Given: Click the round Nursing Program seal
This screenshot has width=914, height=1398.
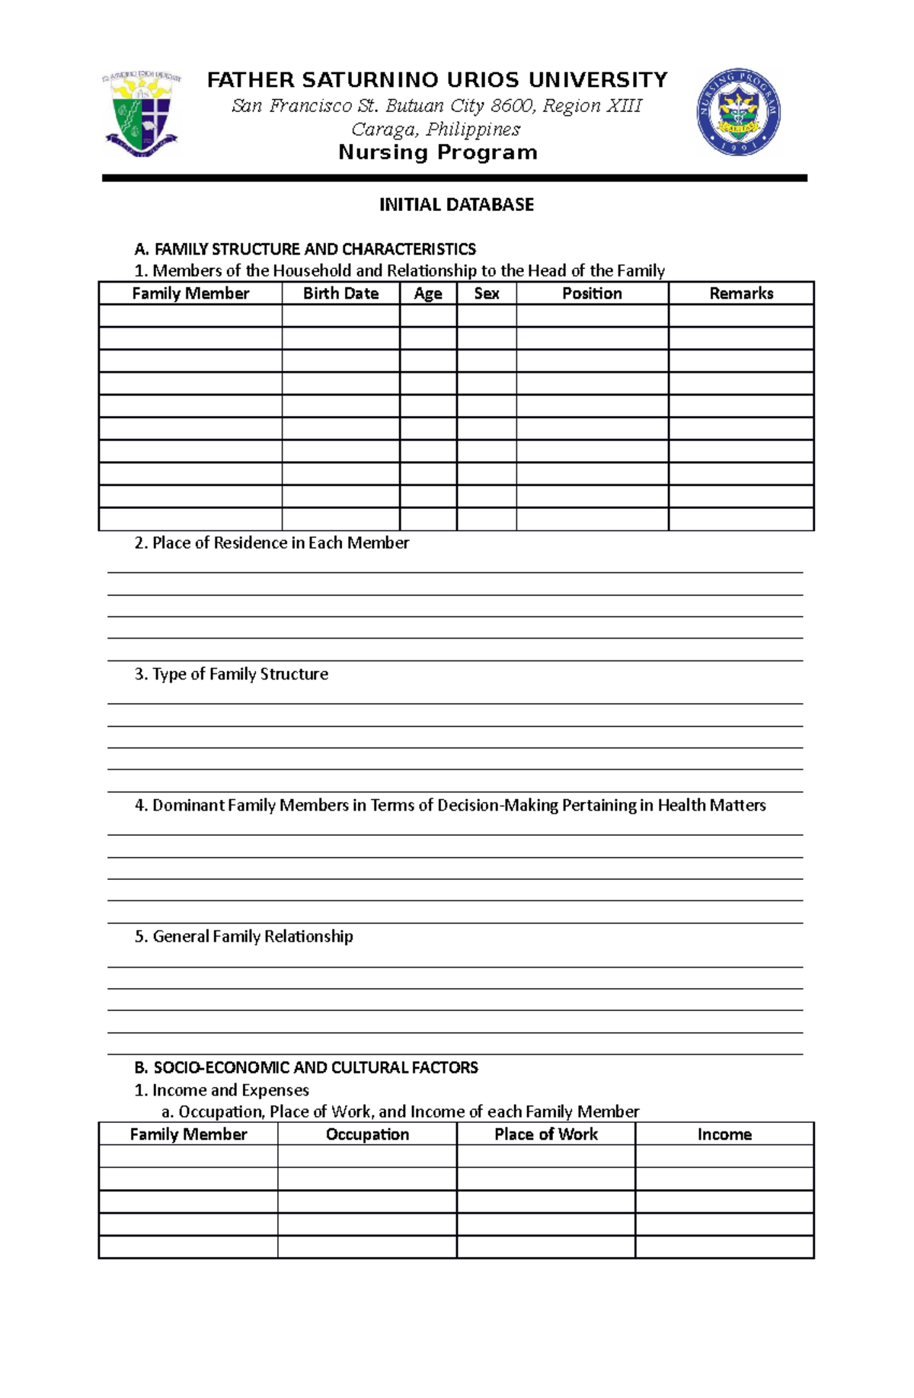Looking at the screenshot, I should click(x=738, y=111).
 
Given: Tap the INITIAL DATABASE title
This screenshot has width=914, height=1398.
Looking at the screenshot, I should click(x=456, y=205).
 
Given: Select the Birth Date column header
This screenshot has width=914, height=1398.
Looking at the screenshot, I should click(x=340, y=293).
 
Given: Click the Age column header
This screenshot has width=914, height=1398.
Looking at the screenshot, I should click(x=428, y=293).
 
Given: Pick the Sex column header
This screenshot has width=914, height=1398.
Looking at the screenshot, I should click(x=487, y=293).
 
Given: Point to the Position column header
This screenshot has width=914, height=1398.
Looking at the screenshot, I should click(x=592, y=293).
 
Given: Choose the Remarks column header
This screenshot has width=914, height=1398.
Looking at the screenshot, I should click(x=741, y=293).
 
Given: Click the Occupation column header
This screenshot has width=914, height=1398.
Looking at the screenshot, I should click(x=367, y=1134).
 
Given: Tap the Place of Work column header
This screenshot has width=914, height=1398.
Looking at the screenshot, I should click(x=545, y=1134).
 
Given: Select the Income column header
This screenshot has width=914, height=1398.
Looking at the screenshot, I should click(x=724, y=1134).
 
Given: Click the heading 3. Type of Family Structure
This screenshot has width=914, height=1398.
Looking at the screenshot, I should click(x=232, y=674).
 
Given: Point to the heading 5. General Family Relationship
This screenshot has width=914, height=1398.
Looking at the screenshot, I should click(x=244, y=936).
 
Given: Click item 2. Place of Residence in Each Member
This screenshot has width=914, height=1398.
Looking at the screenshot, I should click(x=272, y=543).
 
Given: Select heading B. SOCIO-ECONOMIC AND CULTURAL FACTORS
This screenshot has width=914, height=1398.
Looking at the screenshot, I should click(x=306, y=1067).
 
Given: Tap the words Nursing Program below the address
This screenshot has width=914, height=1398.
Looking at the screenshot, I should click(x=438, y=152).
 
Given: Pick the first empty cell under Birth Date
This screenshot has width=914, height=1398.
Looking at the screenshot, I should click(x=340, y=315).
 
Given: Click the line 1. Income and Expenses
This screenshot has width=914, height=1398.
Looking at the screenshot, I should click(x=222, y=1090).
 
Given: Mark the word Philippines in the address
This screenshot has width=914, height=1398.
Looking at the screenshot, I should click(x=473, y=130).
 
